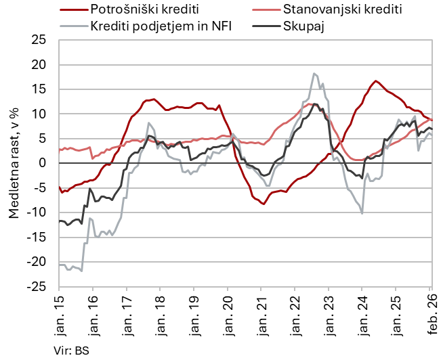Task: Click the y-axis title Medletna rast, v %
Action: pyautogui.click(x=14, y=164)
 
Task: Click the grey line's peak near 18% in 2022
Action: pyautogui.click(x=314, y=74)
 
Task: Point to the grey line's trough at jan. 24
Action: pyautogui.click(x=362, y=213)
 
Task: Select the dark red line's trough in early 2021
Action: pyautogui.click(x=264, y=204)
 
